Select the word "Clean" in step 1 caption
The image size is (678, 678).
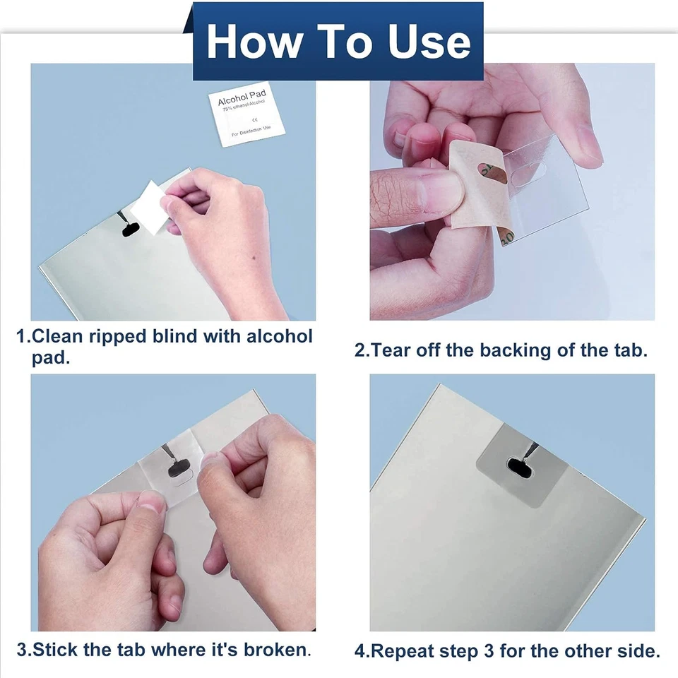64,336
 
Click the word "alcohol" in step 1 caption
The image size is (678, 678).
279,336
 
